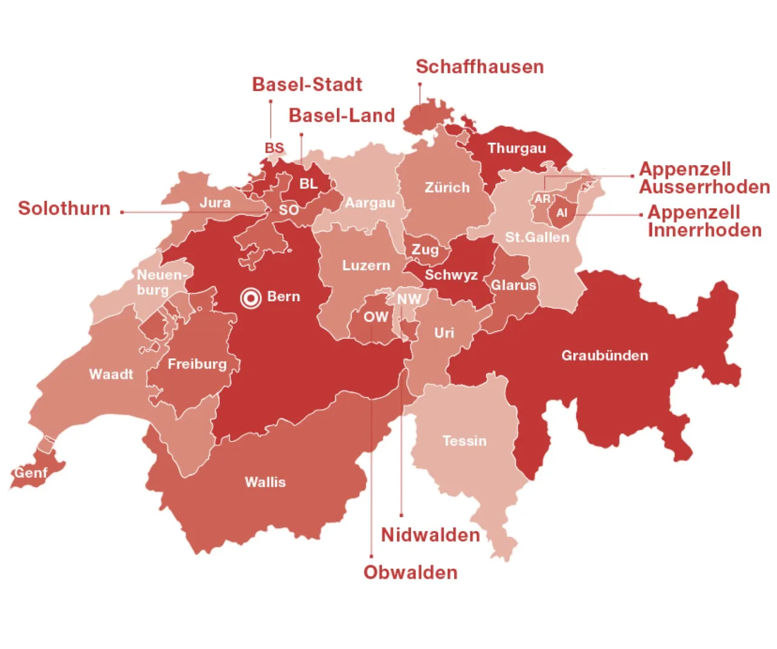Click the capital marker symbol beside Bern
[x=251, y=297]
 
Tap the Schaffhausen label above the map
[x=480, y=67]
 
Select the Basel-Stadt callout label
[x=307, y=84]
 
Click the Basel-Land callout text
[x=342, y=115]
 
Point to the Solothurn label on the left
[x=64, y=208]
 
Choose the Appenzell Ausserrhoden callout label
[x=704, y=178]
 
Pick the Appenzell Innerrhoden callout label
[x=704, y=221]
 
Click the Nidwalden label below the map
[x=430, y=535]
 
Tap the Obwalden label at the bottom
[x=410, y=573]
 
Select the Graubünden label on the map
[x=605, y=355]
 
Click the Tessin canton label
[x=464, y=441]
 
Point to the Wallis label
[x=265, y=482]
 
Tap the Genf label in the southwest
[x=30, y=472]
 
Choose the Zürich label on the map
[x=447, y=188]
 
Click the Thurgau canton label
[x=517, y=148]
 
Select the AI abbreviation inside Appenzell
[x=562, y=213]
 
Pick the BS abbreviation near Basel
[x=274, y=148]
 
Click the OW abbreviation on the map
[x=376, y=316]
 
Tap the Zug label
[x=425, y=250]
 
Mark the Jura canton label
[x=215, y=202]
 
